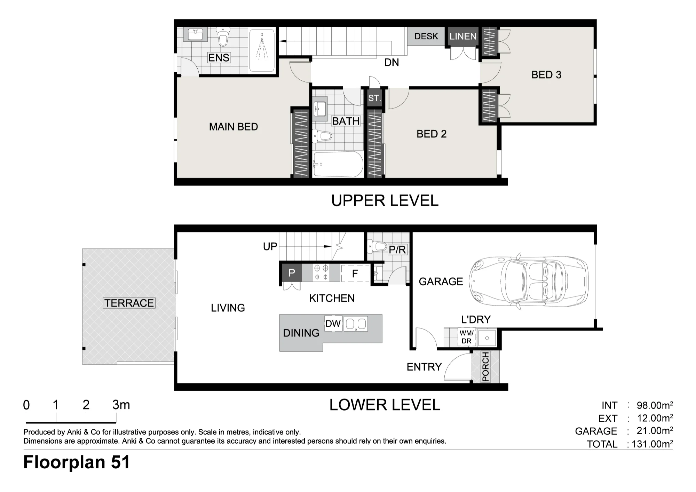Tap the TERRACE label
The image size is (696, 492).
click(129, 303)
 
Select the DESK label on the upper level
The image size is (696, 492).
click(426, 36)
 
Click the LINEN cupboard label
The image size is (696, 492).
click(463, 36)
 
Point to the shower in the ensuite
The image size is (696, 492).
click(262, 51)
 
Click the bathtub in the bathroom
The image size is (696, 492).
click(338, 164)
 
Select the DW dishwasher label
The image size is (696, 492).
click(333, 324)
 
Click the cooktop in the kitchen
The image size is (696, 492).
click(321, 272)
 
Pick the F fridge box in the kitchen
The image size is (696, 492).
click(355, 273)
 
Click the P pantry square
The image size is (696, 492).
click(292, 273)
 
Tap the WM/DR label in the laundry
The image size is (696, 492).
click(466, 337)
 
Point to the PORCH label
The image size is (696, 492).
click(485, 366)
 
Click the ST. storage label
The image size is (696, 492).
click(374, 98)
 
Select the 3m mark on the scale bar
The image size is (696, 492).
click(121, 405)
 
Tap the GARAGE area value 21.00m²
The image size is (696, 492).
click(655, 431)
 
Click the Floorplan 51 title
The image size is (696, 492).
click(77, 462)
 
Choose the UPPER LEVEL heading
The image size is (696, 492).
click(385, 200)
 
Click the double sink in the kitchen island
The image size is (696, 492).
click(356, 324)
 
